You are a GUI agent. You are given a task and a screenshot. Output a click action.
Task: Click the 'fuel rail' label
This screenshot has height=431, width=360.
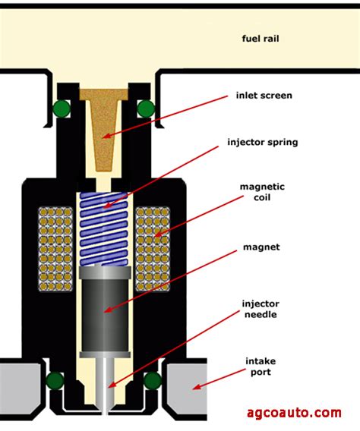point(261,39)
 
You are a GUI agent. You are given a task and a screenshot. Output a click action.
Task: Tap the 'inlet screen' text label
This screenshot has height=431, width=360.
point(264,96)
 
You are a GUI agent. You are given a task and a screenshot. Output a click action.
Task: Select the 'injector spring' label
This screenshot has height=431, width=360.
point(263,143)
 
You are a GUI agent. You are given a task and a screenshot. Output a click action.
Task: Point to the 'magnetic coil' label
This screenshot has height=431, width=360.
point(262,192)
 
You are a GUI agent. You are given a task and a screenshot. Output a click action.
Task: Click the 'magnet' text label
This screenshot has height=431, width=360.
point(261,247)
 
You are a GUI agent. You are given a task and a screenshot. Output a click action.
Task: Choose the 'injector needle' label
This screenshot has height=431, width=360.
point(261,310)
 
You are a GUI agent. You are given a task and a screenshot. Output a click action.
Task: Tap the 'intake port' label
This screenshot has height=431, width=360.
point(261,367)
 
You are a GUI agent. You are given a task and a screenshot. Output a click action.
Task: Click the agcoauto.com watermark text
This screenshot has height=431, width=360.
point(294,412)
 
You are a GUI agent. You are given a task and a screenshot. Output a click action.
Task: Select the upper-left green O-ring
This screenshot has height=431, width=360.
point(62,109)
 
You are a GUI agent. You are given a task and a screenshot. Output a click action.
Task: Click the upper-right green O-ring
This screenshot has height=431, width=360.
point(146,109)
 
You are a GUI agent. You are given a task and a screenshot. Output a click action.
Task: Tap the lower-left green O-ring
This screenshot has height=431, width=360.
point(55,380)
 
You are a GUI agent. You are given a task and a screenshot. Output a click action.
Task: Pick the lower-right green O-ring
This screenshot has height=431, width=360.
point(153,380)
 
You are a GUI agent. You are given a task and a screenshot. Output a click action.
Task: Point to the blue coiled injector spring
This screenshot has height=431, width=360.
point(104,229)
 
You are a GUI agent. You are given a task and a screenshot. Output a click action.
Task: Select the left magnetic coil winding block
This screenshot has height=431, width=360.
point(55,249)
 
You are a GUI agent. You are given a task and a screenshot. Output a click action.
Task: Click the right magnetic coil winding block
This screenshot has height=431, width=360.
point(153,249)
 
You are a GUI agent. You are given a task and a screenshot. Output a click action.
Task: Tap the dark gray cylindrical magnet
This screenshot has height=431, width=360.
point(105,312)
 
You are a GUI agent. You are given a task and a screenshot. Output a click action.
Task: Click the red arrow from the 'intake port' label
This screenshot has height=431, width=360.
point(219,379)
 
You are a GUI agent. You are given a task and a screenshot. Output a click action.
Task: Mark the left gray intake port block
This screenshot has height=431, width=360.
point(21,389)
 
